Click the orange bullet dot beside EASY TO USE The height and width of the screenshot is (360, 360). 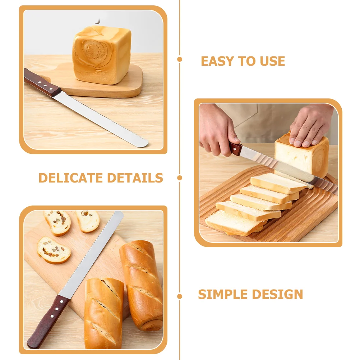tap(180, 59)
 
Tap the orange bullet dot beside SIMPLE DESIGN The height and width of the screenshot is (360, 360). tap(180, 297)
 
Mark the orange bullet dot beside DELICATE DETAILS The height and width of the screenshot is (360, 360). tap(180, 177)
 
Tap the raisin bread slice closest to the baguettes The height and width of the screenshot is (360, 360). tap(54, 250)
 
